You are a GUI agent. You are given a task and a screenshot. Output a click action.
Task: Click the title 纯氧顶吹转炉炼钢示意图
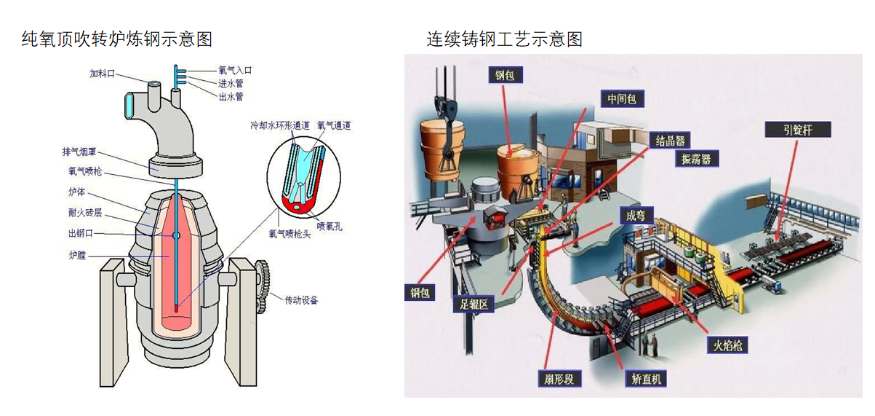tap(117, 39)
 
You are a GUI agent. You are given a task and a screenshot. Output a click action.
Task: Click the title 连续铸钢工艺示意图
tap(504, 39)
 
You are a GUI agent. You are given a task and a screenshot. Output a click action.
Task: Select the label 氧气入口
tap(235, 71)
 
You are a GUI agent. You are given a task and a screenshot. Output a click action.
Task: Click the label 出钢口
tap(80, 233)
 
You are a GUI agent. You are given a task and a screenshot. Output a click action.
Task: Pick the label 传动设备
tap(300, 299)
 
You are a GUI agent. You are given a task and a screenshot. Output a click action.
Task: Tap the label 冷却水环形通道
tap(279, 125)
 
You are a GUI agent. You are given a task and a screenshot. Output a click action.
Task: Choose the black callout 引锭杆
tap(798, 130)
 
